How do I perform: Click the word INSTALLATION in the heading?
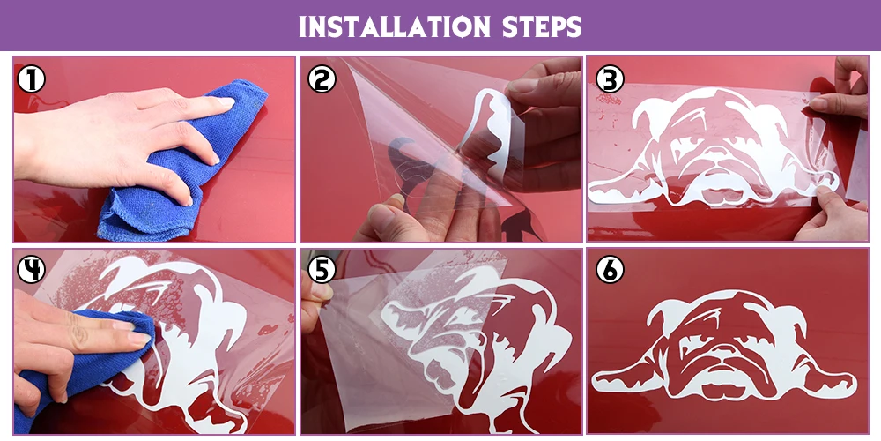pos(395,26)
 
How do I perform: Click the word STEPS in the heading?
pos(542,26)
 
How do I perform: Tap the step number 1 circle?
pos(31,79)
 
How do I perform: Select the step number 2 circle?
pos(322,79)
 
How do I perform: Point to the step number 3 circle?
pos(610,79)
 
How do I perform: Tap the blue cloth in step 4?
pos(85,360)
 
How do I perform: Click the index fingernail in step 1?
pos(225,102)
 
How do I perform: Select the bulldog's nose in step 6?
pos(725,360)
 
